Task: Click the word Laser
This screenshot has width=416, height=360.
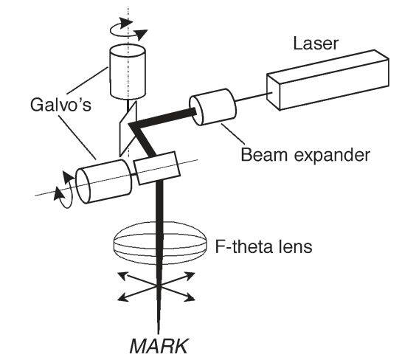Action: (x=316, y=44)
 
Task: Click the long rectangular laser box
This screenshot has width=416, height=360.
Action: (x=328, y=80)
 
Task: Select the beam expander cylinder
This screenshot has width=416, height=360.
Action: (x=212, y=107)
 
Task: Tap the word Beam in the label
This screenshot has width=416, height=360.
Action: (x=264, y=154)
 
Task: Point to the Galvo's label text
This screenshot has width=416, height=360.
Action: (x=60, y=105)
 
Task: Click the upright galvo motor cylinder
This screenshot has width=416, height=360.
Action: (x=128, y=72)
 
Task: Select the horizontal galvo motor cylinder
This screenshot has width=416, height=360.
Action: (x=104, y=181)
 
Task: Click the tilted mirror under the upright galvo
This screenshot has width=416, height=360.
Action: (x=128, y=128)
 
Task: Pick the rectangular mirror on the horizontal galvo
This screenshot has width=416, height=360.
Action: (x=156, y=167)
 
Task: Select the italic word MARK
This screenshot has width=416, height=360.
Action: (x=159, y=346)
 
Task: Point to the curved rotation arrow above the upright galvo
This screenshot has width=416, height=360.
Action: (x=128, y=29)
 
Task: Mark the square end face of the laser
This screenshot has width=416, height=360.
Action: (x=274, y=91)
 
